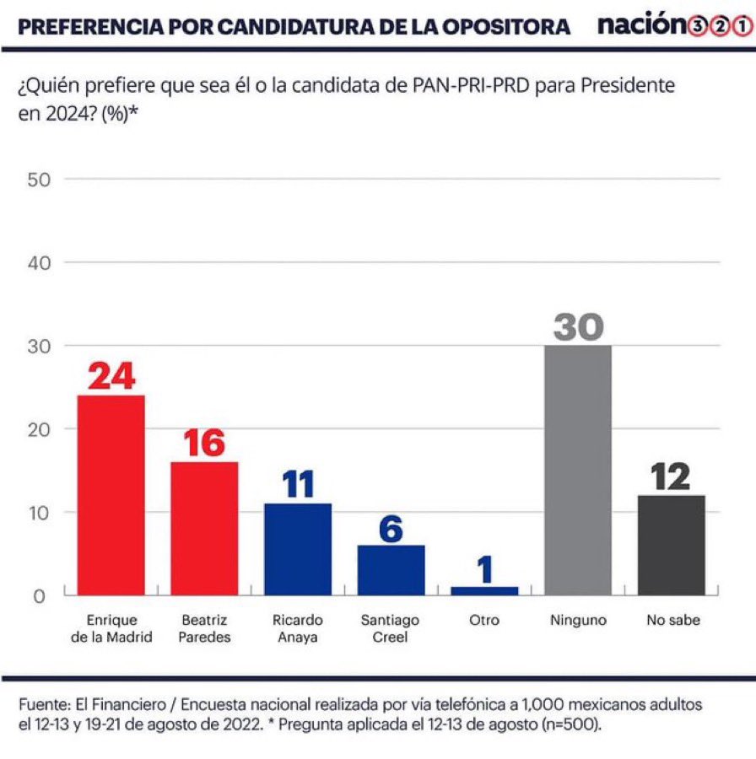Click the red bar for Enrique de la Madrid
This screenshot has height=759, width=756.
111,495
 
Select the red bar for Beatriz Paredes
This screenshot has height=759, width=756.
204,529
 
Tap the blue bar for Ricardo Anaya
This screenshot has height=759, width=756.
298,549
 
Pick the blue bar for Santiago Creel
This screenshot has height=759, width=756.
391,570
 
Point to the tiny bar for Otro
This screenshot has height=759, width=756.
484,591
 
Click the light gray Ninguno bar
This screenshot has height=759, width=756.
578,471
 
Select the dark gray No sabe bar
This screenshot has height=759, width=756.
671,545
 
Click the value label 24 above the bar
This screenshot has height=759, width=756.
111,376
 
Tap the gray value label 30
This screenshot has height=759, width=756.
578,326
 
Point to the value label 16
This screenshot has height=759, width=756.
204,443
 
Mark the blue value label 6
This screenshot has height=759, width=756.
391,528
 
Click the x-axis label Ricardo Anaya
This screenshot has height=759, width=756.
298,628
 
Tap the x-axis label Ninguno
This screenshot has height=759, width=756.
578,620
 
